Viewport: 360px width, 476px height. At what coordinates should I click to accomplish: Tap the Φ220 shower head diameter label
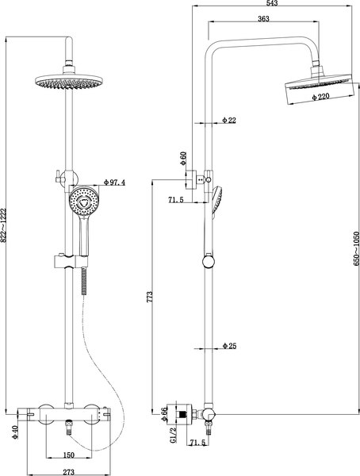click(x=320, y=97)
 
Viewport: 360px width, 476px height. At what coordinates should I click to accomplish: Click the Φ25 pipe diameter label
click(x=229, y=346)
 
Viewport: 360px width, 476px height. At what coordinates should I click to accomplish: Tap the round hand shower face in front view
click(x=82, y=202)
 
